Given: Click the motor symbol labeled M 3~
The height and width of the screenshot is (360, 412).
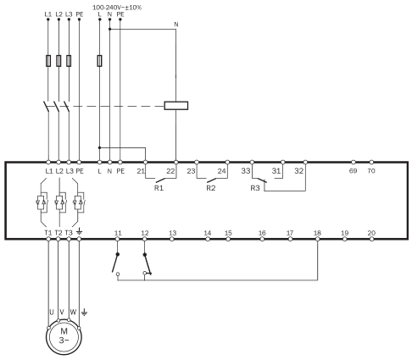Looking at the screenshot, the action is (x=64, y=336).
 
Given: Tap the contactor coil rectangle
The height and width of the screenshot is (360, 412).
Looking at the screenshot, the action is (x=176, y=106).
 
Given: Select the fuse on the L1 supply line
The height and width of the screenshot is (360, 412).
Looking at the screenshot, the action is (x=48, y=61).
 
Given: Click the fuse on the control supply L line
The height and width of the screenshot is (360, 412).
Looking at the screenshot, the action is (x=99, y=61).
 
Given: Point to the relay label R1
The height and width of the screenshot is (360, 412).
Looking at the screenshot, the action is (x=159, y=188).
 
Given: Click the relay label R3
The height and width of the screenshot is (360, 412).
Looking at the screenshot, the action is (x=255, y=188).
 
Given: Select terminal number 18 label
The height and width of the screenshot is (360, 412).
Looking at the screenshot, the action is (x=317, y=233).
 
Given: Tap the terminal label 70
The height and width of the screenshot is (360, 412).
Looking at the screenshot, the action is (x=371, y=170).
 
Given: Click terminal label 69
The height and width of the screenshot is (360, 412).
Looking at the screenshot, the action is (x=353, y=170).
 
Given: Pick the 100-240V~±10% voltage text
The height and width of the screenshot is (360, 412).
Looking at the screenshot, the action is (x=117, y=8).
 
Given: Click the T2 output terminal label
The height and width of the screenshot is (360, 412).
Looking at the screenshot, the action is (x=58, y=233).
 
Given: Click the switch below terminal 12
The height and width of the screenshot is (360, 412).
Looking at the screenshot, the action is (x=148, y=264).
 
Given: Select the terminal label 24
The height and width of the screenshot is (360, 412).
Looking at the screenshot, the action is (x=222, y=170).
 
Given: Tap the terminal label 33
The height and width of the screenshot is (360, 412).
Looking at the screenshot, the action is (x=246, y=170).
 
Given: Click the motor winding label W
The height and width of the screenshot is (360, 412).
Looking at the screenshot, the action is (x=73, y=312).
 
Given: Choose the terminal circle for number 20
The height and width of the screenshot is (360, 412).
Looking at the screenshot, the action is (x=371, y=239).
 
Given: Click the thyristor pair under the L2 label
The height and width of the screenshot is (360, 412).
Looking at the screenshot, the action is (x=61, y=202).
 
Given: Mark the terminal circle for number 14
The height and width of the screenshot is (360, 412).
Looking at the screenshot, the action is (x=208, y=239).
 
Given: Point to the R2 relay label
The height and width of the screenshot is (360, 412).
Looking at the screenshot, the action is (x=211, y=188).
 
